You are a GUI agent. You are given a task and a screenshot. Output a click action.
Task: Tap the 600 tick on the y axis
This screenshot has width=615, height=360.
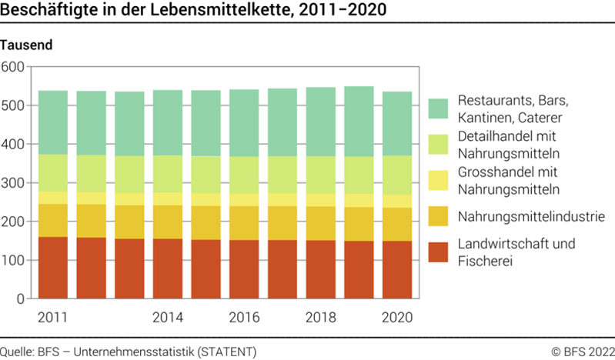click(x=13, y=67)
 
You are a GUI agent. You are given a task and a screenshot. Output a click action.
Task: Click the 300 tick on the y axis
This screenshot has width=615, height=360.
click(x=13, y=183)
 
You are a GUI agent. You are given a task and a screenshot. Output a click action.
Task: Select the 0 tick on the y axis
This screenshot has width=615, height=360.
click(x=21, y=299)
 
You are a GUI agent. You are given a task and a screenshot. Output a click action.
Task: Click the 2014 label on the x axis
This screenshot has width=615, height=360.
click(x=168, y=317)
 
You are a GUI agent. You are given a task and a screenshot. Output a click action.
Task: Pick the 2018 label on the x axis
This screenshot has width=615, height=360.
click(x=321, y=317)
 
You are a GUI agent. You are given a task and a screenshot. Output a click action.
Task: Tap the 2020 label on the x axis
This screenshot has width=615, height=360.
click(x=397, y=317)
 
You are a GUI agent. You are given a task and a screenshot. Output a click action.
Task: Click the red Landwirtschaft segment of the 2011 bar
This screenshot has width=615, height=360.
click(x=53, y=267)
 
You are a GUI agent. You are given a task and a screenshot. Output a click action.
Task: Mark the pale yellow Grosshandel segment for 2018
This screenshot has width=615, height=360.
click(x=321, y=200)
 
